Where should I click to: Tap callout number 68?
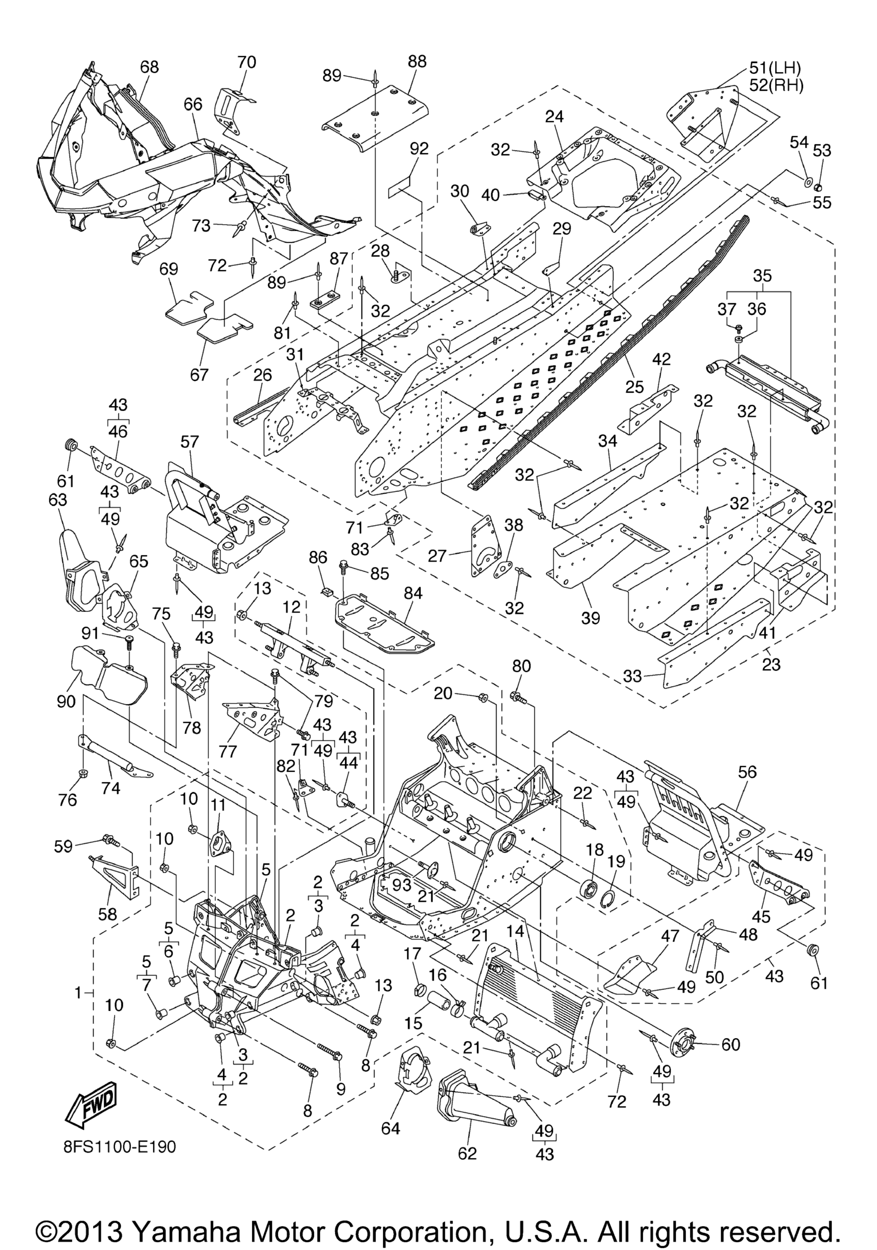[149, 66]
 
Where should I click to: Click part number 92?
[419, 149]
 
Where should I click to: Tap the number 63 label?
[58, 499]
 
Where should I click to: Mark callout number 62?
[468, 1153]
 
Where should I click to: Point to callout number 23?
[771, 664]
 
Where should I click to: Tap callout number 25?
[635, 387]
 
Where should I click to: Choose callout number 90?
[66, 701]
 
